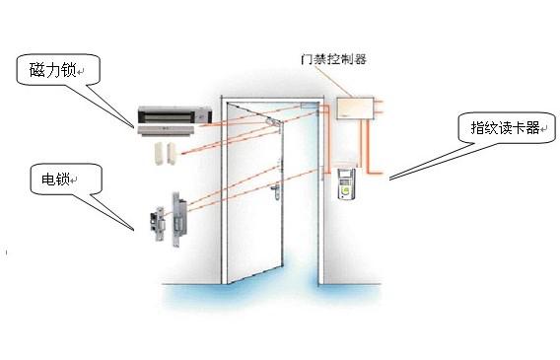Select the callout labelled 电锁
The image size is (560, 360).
60,180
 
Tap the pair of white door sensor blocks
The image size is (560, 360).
163,152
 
